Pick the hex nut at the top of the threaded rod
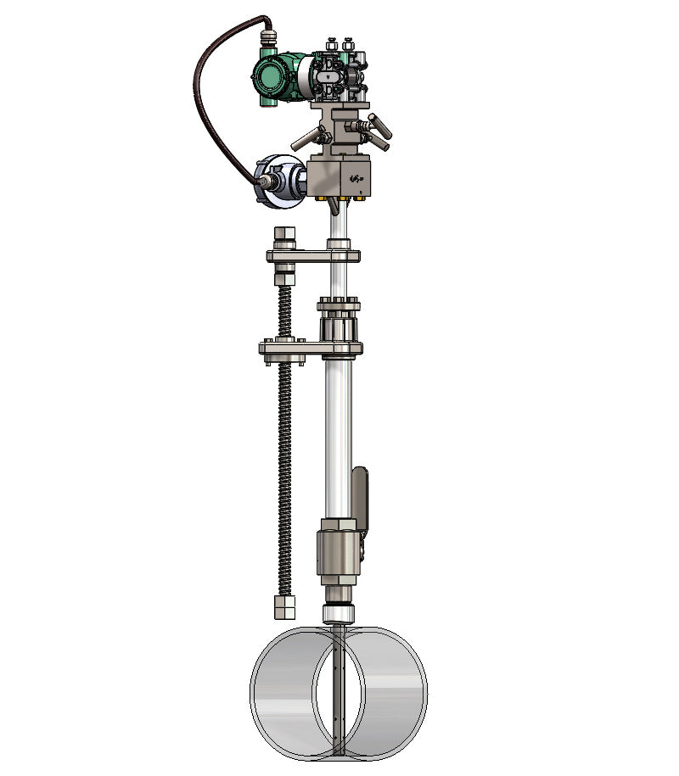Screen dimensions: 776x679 tap(284, 235)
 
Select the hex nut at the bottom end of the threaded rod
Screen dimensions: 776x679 tap(284, 606)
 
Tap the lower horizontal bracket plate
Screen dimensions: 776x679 tap(310, 348)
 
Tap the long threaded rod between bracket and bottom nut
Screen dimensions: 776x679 tap(284, 475)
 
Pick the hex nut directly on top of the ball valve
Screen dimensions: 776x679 tap(339, 524)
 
